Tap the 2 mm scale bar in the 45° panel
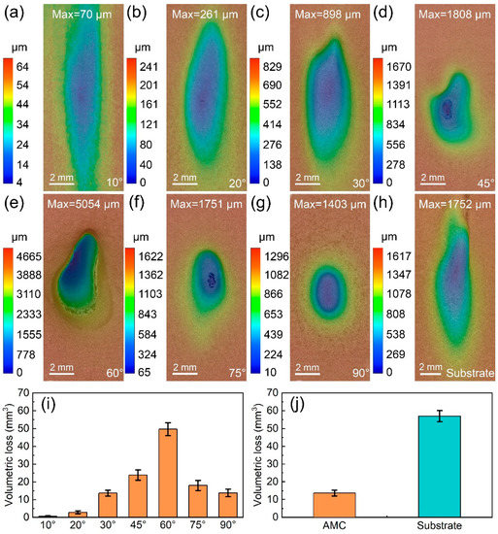tap(432, 180)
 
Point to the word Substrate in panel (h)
tap(468, 372)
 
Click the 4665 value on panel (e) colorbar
tap(19, 250)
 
